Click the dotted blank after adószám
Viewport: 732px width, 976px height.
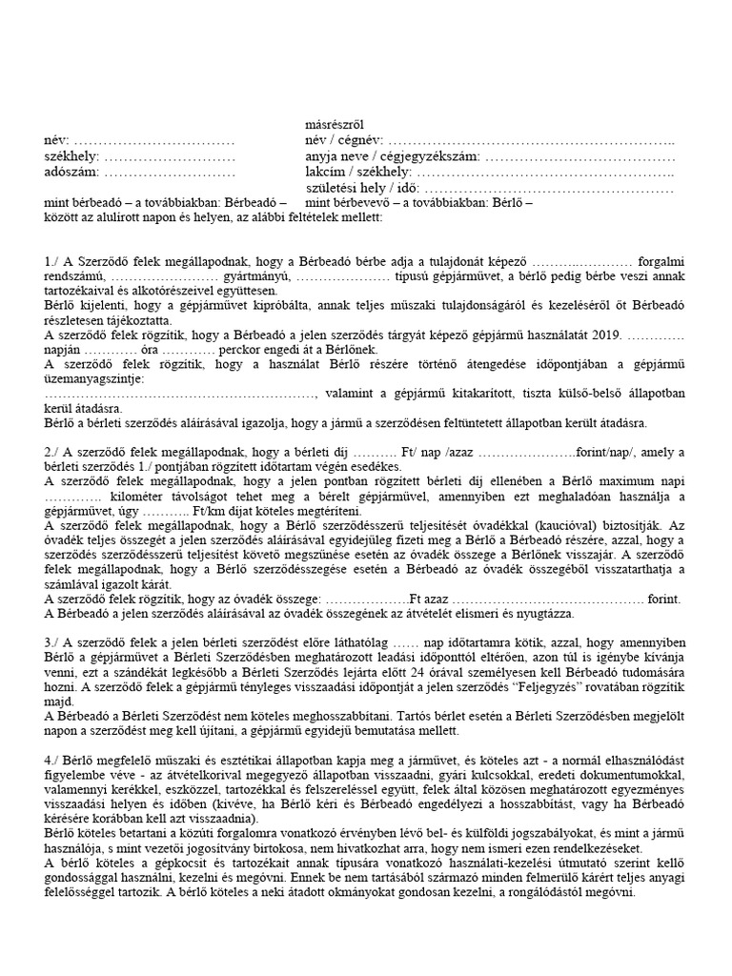169,173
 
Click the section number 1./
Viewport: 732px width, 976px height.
54,261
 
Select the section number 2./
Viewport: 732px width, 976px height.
54,451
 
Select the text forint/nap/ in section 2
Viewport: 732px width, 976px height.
609,451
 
